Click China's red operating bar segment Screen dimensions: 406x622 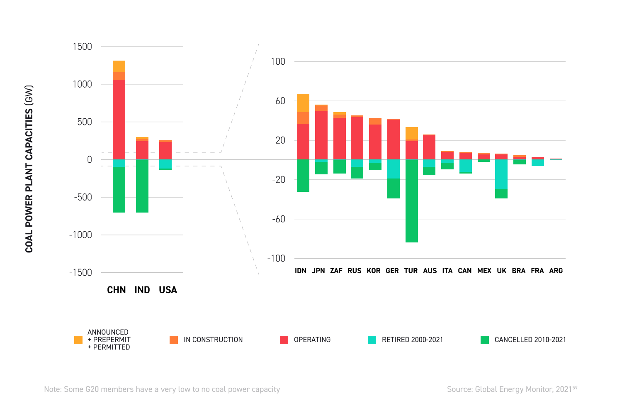(119, 119)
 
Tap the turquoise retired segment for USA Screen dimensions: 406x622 (165, 164)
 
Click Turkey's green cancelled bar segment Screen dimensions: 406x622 (412, 201)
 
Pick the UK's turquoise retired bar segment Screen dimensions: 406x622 (501, 174)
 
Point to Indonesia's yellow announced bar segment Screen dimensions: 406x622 (303, 103)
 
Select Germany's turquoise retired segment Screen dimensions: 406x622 (394, 169)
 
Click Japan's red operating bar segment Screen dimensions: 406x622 (321, 135)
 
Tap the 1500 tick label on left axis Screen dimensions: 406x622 (82, 46)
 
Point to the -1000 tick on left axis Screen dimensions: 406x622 (80, 235)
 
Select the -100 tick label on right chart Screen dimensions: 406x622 (276, 259)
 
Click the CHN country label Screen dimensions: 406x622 (117, 290)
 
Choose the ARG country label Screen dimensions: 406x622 (556, 271)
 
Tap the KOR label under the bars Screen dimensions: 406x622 (373, 271)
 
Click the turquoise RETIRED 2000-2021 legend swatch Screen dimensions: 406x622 (372, 340)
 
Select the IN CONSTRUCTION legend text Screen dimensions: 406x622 (213, 340)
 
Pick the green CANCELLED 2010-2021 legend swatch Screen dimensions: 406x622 (485, 340)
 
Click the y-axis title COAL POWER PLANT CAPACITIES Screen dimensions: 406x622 (29, 169)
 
